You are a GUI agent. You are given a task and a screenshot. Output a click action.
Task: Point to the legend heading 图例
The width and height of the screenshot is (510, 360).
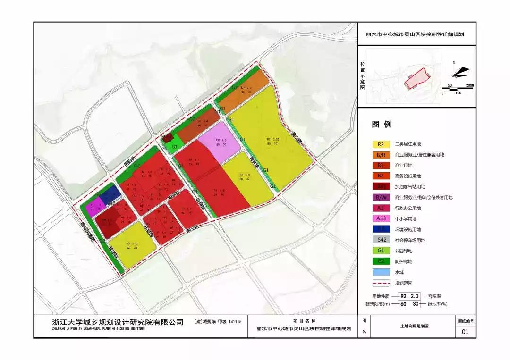tap(382, 125)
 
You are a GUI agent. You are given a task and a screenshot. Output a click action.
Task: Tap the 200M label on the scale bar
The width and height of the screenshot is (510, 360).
tap(468, 85)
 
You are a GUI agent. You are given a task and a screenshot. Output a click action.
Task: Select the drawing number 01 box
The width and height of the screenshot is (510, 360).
tap(465, 332)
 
